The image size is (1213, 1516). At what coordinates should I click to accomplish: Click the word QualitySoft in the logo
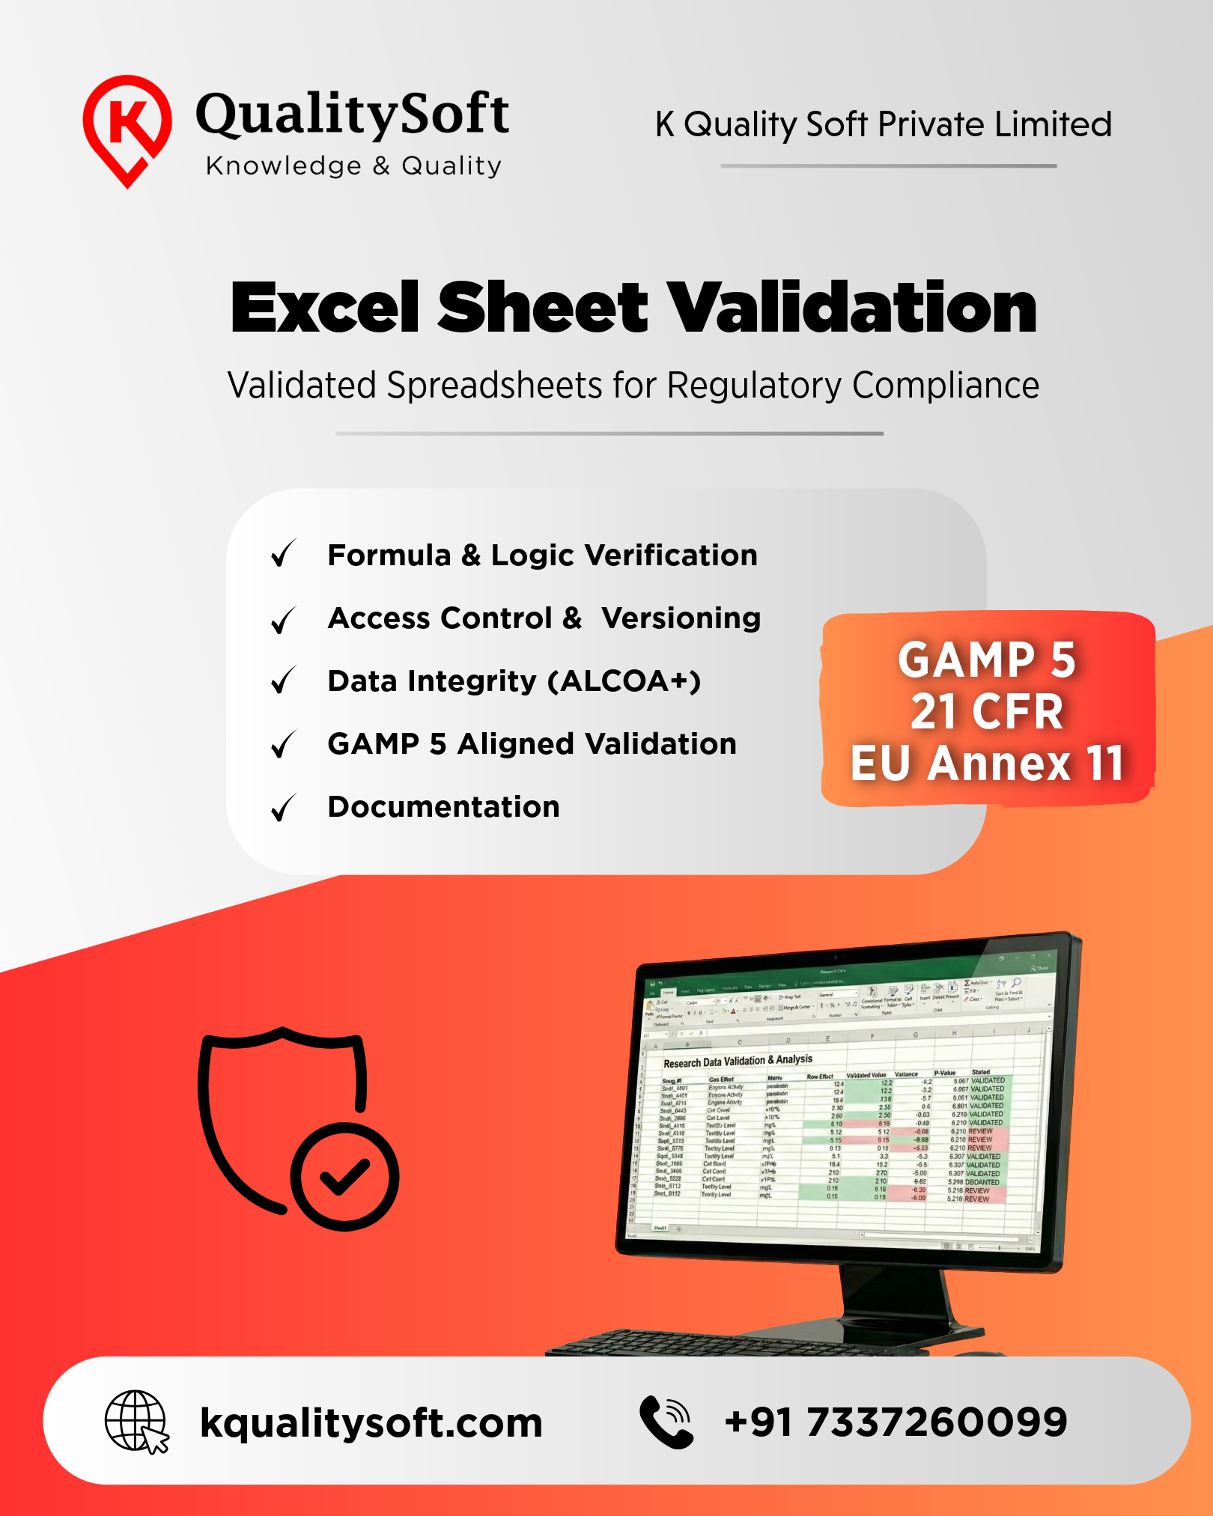click(352, 114)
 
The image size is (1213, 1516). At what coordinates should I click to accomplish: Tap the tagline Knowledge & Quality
click(353, 165)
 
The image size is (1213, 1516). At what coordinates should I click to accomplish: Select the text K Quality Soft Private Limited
click(884, 124)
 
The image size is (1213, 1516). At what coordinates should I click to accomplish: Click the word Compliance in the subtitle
click(945, 386)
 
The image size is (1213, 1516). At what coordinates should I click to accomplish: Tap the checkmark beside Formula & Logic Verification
click(284, 554)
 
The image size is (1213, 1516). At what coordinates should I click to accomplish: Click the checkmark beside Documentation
click(284, 808)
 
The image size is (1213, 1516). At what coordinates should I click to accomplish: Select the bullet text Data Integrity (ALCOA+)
click(514, 681)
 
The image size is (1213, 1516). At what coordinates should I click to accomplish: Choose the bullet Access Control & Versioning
click(544, 618)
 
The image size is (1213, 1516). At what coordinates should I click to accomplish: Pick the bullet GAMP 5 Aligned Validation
click(532, 744)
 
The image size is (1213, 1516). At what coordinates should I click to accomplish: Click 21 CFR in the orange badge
click(987, 711)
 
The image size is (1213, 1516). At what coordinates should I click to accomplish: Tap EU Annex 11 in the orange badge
click(987, 764)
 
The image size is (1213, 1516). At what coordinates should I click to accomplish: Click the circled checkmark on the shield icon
click(344, 1176)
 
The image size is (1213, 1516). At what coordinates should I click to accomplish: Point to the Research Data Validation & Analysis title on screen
click(738, 1061)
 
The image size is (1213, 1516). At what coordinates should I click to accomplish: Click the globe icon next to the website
click(136, 1421)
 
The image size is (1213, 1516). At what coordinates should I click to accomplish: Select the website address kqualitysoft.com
click(371, 1422)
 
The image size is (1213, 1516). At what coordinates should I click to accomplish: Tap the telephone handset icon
click(666, 1422)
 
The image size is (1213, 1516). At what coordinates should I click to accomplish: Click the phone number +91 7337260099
click(896, 1422)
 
